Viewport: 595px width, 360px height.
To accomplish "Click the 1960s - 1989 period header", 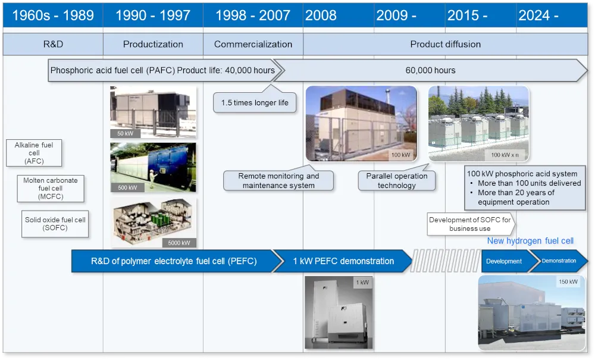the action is [x=53, y=15].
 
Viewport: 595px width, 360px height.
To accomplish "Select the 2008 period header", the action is [x=339, y=15].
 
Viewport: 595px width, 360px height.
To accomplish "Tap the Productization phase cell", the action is [x=153, y=44].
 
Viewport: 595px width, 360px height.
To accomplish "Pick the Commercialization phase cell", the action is [x=253, y=44].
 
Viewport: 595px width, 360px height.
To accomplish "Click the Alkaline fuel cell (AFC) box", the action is [x=34, y=153].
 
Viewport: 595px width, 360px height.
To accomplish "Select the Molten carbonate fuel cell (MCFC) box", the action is [x=51, y=189].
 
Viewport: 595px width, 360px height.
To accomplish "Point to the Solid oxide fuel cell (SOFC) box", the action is [x=55, y=224].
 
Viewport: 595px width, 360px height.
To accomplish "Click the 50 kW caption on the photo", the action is [x=125, y=133].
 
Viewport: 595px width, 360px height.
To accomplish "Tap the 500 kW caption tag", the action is [x=127, y=187].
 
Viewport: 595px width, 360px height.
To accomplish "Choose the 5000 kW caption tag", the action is [x=179, y=243].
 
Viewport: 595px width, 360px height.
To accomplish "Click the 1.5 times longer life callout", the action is [x=255, y=102].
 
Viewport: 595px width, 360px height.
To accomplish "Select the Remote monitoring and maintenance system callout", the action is [x=278, y=180].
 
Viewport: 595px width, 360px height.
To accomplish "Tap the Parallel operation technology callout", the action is [x=396, y=180].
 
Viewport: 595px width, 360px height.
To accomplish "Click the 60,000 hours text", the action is [x=430, y=70].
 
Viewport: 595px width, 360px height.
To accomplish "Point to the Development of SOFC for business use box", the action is [x=471, y=224].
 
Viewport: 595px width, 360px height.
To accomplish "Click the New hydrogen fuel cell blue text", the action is [x=530, y=241].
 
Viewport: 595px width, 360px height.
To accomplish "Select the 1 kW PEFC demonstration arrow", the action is [x=343, y=261].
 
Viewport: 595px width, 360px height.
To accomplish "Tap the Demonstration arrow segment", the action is [x=559, y=261].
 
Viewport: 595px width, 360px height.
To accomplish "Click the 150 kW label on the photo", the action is [x=568, y=282].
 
